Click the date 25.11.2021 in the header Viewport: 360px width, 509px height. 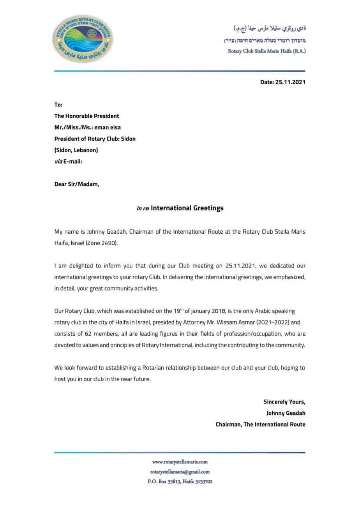point(290,82)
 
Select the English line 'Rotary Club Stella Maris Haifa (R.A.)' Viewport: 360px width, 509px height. point(266,51)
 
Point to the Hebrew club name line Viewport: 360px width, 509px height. point(265,41)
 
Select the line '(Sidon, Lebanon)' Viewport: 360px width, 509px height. point(76,150)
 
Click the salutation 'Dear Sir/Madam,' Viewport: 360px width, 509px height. point(77,184)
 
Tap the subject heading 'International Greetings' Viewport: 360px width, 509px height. point(187,208)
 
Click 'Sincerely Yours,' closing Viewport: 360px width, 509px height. point(284,402)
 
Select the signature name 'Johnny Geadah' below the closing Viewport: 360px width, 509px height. point(286,413)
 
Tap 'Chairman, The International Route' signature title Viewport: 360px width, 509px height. point(260,424)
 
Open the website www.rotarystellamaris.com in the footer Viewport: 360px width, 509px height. point(180,461)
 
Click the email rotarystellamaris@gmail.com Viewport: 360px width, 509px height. point(180,472)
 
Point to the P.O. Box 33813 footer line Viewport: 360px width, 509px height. point(180,481)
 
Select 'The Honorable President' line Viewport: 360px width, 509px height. point(86,116)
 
